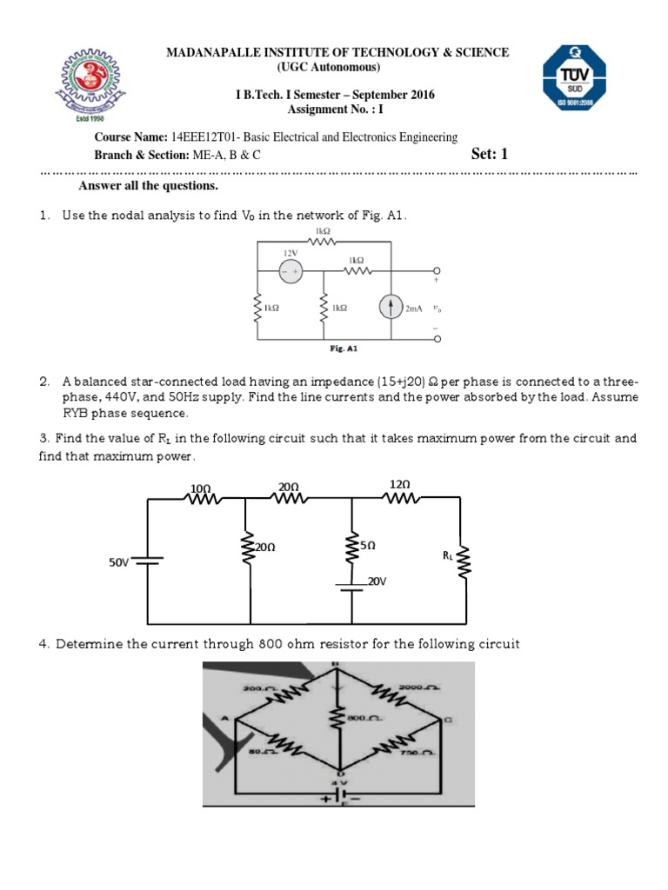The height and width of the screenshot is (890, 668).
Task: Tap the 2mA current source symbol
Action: [x=391, y=308]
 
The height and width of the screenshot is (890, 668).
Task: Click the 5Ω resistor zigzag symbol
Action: [x=351, y=549]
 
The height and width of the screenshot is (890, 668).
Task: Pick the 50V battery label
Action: [x=118, y=562]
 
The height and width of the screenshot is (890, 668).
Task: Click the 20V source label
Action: [x=375, y=581]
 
